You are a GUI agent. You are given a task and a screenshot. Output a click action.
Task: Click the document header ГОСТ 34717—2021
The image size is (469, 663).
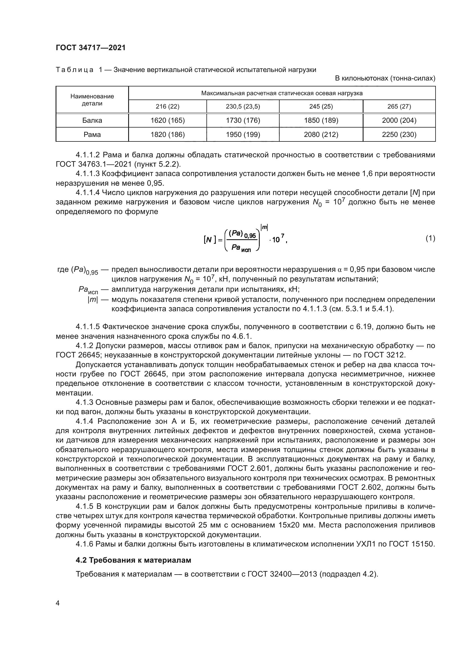click(91, 48)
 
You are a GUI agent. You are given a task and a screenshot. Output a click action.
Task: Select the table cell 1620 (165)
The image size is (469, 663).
click(168, 120)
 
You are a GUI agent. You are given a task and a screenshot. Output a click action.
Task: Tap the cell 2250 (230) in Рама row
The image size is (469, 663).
click(399, 135)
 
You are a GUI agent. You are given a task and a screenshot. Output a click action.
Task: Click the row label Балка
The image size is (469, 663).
click(92, 120)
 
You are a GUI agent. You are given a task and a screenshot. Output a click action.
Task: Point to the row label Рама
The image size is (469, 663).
click(92, 135)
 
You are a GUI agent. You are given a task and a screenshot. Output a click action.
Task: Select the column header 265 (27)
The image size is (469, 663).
click(399, 107)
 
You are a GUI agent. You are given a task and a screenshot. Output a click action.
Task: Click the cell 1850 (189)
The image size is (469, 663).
click(321, 120)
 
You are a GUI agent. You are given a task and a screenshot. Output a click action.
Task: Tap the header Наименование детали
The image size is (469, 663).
click(92, 100)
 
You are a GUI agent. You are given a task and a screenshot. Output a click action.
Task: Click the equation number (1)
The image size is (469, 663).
click(430, 238)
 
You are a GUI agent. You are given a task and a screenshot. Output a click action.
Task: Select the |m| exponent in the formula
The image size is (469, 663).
click(264, 228)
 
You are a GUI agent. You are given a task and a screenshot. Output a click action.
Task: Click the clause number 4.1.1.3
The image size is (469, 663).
click(88, 173)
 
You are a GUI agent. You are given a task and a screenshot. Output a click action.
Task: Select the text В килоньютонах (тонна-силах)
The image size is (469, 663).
click(385, 78)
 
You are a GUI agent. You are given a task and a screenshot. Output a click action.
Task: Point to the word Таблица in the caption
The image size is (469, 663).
click(75, 70)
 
